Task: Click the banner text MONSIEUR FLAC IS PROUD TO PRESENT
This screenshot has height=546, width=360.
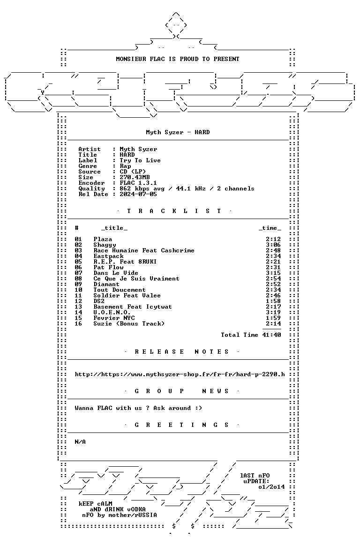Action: tap(177, 59)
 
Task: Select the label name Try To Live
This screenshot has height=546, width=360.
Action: tap(140, 160)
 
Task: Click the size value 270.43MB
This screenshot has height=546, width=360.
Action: tap(135, 177)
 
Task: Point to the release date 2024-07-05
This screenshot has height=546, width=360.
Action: tap(138, 194)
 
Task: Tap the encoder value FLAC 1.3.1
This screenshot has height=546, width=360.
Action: tap(138, 183)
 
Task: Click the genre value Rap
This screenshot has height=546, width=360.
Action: tap(125, 166)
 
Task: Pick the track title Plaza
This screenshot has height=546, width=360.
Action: tap(103, 239)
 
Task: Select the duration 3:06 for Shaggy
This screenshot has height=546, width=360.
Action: tap(273, 245)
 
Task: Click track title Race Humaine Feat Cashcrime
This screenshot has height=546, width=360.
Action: tap(143, 250)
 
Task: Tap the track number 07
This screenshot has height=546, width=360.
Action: tap(78, 273)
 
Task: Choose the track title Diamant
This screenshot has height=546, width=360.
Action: tap(106, 284)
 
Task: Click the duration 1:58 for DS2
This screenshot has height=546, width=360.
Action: tap(273, 301)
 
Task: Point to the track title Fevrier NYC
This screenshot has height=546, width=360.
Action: tap(114, 318)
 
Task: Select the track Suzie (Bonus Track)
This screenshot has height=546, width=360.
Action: tap(129, 324)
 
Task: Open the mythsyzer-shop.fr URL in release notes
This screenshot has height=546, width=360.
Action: tap(180, 374)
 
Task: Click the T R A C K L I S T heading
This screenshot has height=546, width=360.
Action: tap(174, 211)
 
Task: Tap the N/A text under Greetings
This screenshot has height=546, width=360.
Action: tap(80, 442)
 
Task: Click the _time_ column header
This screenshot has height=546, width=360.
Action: tap(270, 228)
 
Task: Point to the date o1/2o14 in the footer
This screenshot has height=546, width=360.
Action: tap(271, 487)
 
